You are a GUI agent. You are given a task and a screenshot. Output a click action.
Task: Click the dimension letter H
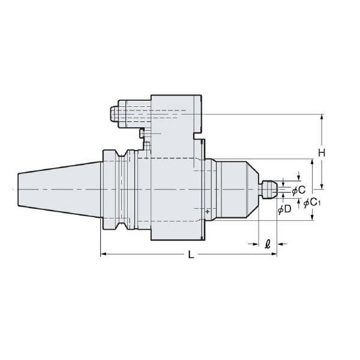coord(322,153)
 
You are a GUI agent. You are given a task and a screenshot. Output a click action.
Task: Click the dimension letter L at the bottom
coord(191,255)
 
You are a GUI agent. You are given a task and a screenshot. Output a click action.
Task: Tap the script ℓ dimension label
coord(267,244)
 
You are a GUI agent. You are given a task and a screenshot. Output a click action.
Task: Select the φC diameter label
coord(298,190)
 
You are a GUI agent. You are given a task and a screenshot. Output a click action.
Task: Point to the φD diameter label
coord(284,209)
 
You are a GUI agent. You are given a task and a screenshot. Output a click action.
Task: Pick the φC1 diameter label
coord(313,202)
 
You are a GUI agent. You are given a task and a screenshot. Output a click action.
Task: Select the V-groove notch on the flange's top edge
coord(122,155)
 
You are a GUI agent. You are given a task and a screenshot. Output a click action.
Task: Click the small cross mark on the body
coord(207,212)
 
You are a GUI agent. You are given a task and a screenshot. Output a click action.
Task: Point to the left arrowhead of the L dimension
coord(103,254)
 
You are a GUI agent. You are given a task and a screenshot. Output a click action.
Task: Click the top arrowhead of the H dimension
coord(322,117)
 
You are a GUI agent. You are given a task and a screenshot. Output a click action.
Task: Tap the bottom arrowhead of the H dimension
coord(322,185)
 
